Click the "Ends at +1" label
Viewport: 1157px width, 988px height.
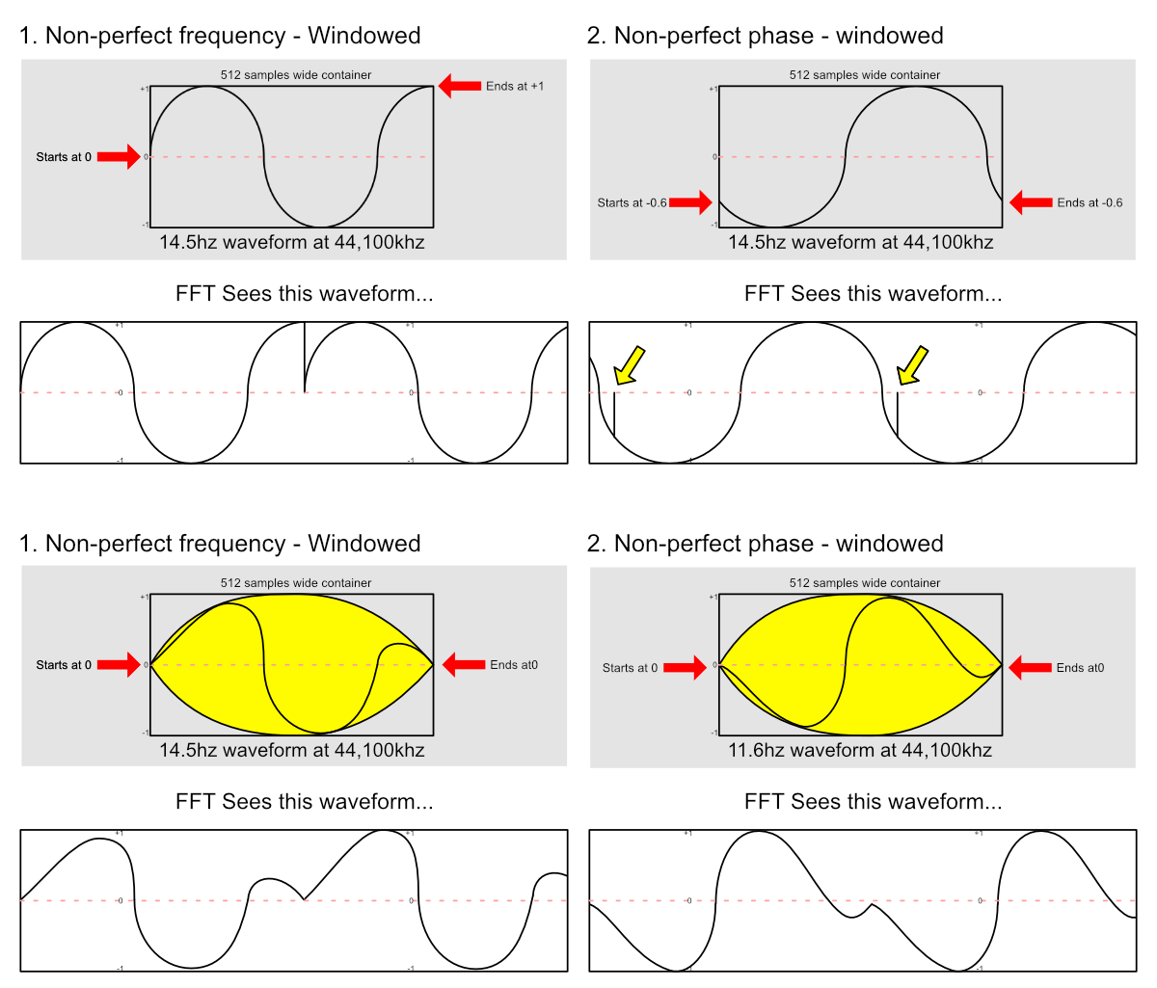515,86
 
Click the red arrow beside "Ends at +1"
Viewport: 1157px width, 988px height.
460,86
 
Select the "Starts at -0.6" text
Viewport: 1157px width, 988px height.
632,202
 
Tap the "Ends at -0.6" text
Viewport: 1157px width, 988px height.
1090,202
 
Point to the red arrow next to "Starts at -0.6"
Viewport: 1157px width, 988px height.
690,202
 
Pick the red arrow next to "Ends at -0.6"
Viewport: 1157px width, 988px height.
1031,202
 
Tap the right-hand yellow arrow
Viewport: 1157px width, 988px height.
911,365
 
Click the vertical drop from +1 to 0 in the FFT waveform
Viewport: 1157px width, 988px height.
305,358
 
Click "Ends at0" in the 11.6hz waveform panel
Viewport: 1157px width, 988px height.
1080,667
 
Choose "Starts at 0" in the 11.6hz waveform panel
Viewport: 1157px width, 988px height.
630,667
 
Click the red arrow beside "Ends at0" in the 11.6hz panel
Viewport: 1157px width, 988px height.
1030,667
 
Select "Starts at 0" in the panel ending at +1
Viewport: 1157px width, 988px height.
64,157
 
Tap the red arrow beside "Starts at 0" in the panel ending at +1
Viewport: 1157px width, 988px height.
119,157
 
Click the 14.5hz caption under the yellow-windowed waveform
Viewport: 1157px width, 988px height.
291,750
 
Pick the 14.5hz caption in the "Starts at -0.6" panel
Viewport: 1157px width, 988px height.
860,242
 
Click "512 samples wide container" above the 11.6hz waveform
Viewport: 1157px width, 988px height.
865,583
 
